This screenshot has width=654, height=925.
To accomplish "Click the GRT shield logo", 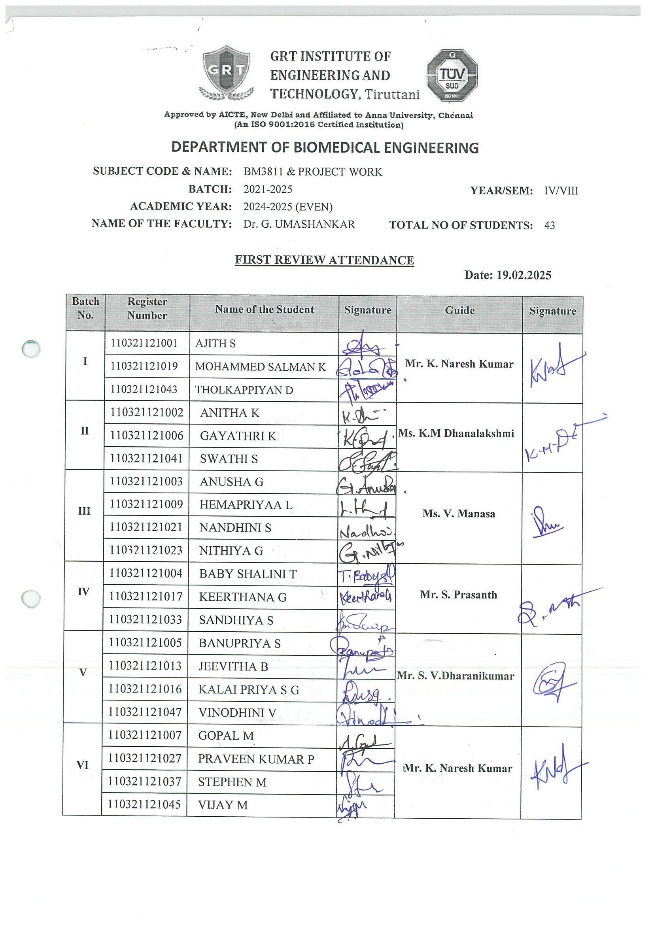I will [227, 73].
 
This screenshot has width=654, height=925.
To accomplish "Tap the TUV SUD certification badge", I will [452, 76].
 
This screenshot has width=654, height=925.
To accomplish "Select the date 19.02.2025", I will [524, 275].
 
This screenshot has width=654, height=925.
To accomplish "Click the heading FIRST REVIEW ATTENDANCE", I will [324, 260].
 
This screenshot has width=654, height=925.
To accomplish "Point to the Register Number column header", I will [147, 309].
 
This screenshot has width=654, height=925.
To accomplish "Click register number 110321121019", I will [144, 366].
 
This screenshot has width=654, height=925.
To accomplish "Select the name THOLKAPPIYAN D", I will [244, 390].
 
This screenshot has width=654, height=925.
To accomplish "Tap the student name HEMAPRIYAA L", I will [246, 505].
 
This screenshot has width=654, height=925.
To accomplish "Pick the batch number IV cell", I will [83, 592].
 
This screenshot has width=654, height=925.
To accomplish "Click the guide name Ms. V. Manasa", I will [459, 513].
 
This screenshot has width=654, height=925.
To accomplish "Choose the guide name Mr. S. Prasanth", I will [458, 595].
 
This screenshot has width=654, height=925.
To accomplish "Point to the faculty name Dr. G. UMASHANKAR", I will [299, 225].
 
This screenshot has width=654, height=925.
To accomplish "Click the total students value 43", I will [549, 226].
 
